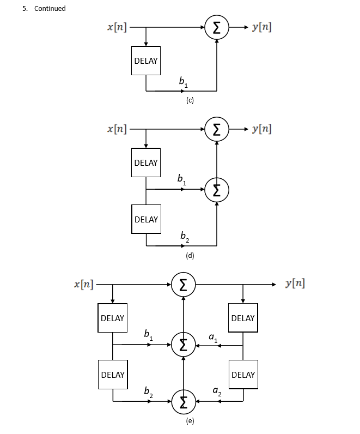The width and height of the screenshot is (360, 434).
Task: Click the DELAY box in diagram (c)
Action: tap(146, 61)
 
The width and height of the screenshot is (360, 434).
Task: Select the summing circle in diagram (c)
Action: tap(217, 27)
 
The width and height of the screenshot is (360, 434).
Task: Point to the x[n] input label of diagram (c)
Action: tap(117, 27)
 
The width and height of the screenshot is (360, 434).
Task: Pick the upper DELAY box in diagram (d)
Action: tap(146, 162)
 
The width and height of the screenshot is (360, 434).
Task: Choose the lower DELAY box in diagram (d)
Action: tap(146, 219)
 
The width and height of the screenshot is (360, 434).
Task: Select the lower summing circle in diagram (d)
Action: tap(217, 189)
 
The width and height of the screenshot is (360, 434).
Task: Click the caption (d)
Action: tap(190, 255)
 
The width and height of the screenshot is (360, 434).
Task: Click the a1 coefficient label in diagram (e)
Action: tap(213, 337)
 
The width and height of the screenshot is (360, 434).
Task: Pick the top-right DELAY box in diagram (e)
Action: tap(243, 318)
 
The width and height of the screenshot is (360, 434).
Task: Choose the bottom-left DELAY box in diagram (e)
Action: tap(113, 375)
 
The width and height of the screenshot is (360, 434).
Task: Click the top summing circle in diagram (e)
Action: tap(184, 285)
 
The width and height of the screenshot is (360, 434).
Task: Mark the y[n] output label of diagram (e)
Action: tap(295, 284)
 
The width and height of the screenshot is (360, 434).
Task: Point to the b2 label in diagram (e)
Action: tap(148, 391)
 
